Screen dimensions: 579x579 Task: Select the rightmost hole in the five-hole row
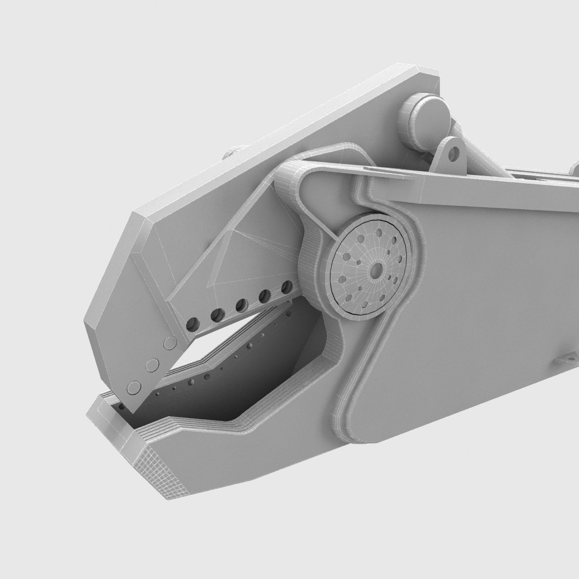pyautogui.click(x=288, y=287)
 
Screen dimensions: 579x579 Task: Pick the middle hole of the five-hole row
pyautogui.click(x=241, y=305)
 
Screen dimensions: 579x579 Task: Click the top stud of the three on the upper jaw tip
pyautogui.click(x=171, y=343)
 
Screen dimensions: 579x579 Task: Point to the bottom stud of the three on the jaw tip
pyautogui.click(x=133, y=388)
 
